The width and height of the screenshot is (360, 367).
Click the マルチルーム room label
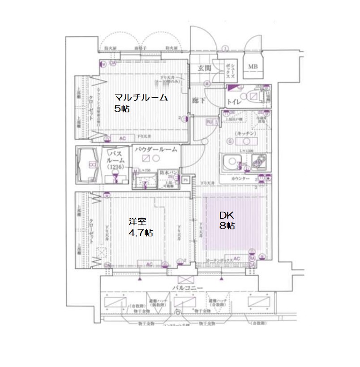tap(141, 98)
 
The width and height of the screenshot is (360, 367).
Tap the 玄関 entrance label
tap(206, 68)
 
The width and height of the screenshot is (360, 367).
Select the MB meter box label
tap(253, 67)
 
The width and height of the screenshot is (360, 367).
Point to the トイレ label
tap(235, 101)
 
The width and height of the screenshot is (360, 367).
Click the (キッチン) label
tap(245, 134)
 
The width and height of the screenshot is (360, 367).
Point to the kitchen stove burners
tap(259, 161)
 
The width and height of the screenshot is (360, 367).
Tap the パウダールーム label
tap(155, 149)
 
